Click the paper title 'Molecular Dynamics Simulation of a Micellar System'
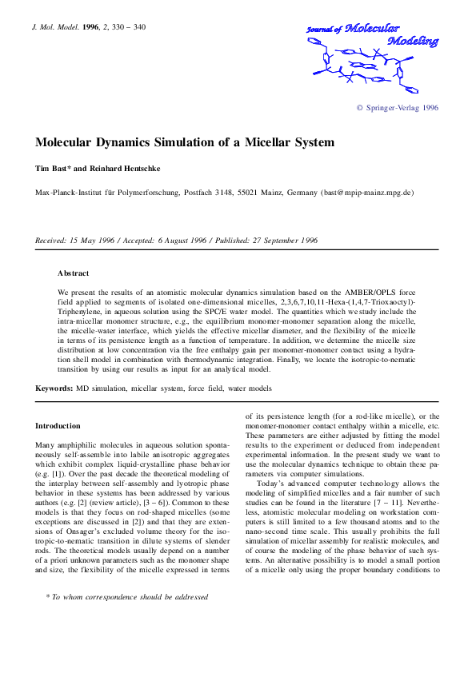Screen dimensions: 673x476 (x=185, y=143)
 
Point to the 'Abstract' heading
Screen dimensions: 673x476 (x=73, y=273)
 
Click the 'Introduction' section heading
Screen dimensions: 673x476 (x=58, y=426)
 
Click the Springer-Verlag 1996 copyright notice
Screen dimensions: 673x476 (x=397, y=108)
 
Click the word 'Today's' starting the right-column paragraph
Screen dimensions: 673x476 (x=273, y=484)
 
